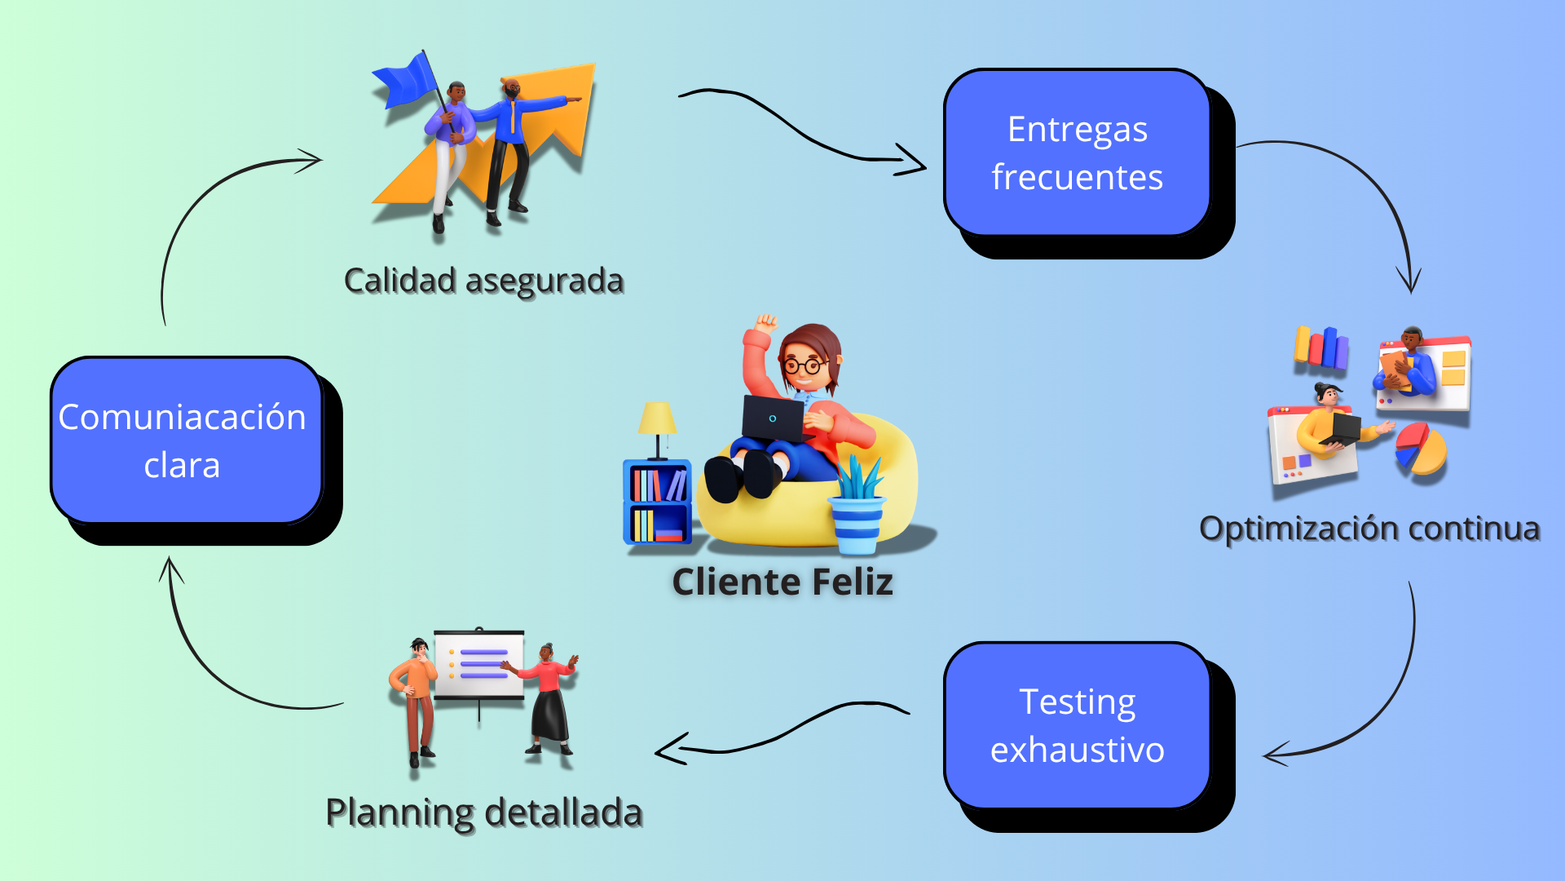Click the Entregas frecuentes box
[x=1077, y=153]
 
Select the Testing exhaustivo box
[x=1077, y=725]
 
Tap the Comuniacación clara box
[x=187, y=440]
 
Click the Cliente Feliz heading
[x=782, y=582]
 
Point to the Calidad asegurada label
[x=483, y=281]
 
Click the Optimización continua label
[x=1369, y=529]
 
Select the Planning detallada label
[x=484, y=813]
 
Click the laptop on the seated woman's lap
[x=773, y=418]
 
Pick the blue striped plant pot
[x=856, y=524]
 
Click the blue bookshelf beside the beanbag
[x=657, y=502]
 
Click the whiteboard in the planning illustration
[x=479, y=665]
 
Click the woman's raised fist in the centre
[x=765, y=322]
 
